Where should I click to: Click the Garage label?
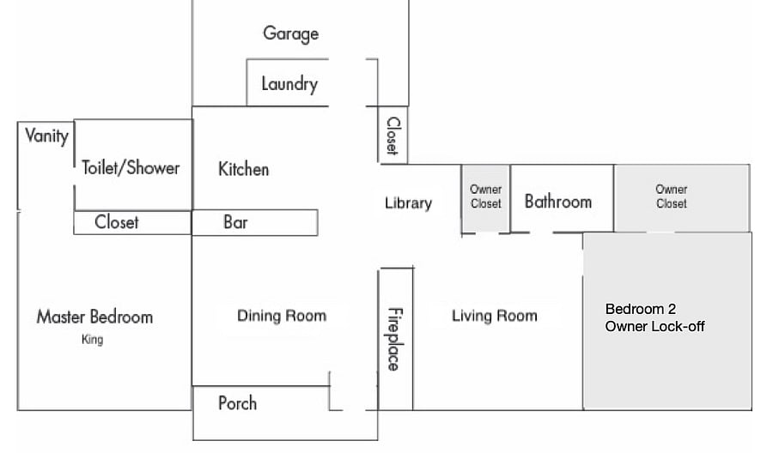291,33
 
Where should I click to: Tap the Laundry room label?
289,84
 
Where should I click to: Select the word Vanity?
47,136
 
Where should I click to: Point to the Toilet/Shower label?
131,167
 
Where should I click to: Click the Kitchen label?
244,169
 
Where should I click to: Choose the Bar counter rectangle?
255,222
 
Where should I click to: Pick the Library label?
408,202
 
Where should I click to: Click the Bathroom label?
558,202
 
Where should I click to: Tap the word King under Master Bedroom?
92,339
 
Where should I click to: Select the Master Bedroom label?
94,317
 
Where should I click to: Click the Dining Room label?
282,316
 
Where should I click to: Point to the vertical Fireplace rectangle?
396,339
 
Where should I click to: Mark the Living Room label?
495,316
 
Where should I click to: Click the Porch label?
238,403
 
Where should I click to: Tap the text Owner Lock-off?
654,327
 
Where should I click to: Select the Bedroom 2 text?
641,309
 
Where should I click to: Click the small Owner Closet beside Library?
485,199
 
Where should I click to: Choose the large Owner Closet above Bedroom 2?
682,198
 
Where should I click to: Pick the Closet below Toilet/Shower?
132,222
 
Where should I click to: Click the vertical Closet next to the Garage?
393,135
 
